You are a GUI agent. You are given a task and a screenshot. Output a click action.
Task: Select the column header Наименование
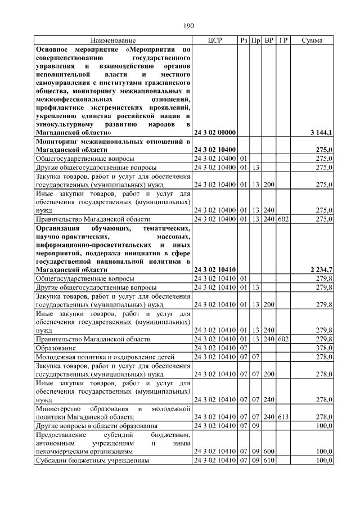point(113,40)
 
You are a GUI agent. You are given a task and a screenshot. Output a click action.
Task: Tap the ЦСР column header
point(215,40)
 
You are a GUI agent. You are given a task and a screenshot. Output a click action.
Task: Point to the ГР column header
point(283,40)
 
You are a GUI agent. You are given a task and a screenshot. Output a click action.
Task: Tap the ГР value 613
point(283,417)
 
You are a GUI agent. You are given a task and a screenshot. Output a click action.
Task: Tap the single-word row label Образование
point(55,348)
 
